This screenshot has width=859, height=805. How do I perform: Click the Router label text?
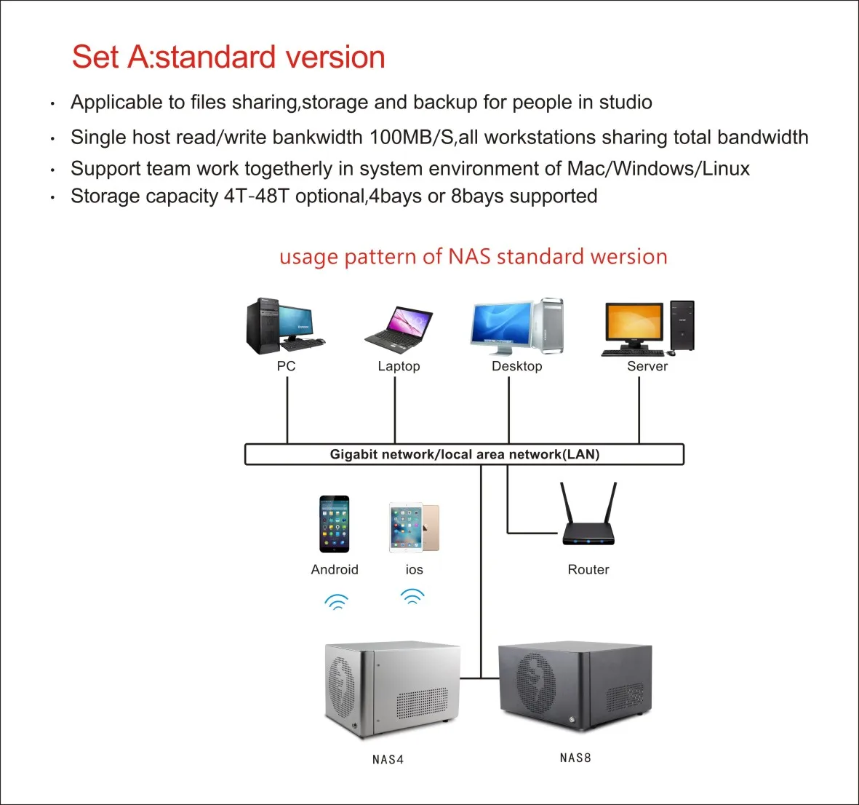(588, 569)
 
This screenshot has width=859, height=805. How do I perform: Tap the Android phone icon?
(334, 524)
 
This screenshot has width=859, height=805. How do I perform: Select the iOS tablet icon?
(413, 526)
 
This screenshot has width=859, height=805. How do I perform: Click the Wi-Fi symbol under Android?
(336, 601)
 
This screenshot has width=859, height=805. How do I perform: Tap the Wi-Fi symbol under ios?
(412, 597)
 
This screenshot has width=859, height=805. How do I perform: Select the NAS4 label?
(388, 759)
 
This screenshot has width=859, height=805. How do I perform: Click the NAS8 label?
(575, 758)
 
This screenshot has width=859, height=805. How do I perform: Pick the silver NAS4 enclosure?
(391, 689)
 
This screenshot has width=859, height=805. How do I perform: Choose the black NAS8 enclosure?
(575, 687)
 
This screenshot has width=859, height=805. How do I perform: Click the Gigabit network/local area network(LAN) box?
(464, 454)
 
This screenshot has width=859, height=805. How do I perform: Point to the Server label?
(647, 366)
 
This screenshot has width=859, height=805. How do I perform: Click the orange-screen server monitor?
(634, 327)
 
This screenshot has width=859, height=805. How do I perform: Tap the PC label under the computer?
(286, 366)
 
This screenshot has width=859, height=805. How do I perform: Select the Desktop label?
(516, 366)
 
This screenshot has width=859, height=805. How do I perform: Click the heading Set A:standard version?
(228, 57)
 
